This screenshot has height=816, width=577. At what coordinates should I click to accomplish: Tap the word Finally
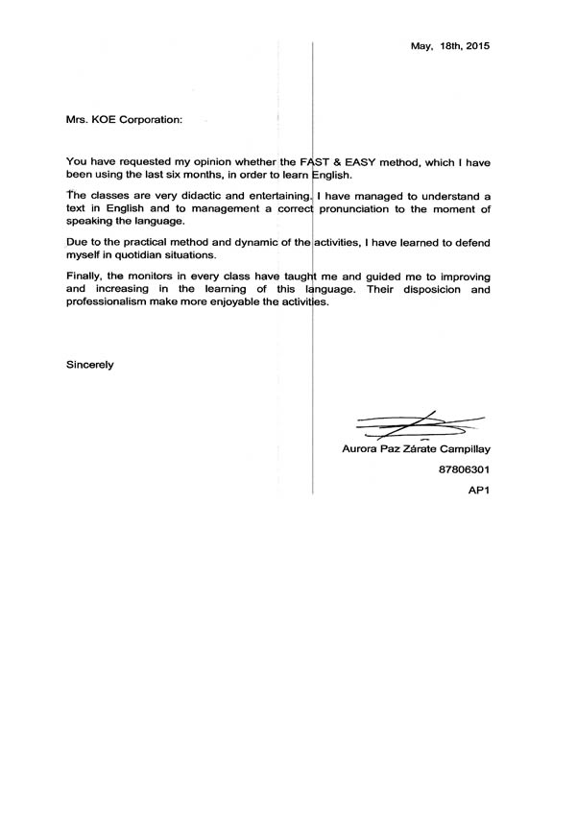pos(84,276)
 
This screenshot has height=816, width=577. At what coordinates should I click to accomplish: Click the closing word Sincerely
pos(90,364)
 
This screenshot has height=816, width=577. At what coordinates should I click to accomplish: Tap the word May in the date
pos(421,46)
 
